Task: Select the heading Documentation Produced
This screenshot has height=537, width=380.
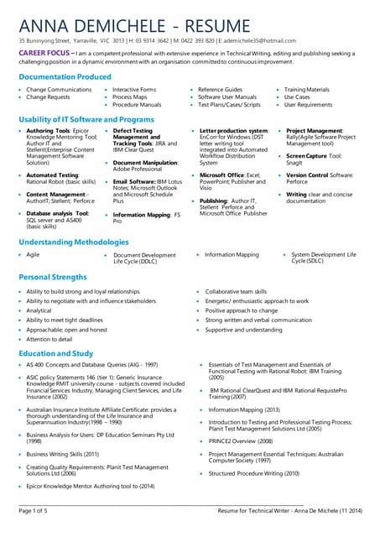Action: click(65, 76)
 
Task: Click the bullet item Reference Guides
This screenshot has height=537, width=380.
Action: click(221, 89)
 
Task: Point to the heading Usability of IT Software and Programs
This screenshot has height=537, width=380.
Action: click(86, 120)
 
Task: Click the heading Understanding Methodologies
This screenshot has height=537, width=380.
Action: click(73, 241)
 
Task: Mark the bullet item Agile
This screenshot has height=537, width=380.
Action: click(33, 254)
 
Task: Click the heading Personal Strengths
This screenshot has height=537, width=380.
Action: click(52, 276)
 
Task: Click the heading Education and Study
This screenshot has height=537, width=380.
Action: click(55, 353)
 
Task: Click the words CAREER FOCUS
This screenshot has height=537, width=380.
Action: click(44, 52)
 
